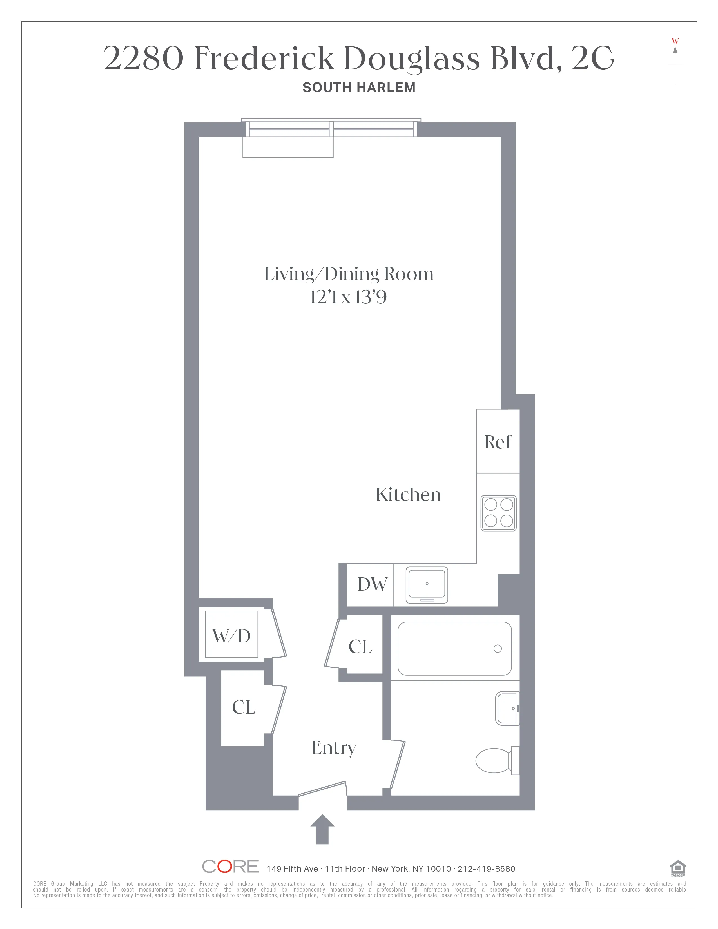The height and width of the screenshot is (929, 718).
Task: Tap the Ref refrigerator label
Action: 498,442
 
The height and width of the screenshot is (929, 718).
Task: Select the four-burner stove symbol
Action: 498,513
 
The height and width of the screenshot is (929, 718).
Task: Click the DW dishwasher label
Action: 372,584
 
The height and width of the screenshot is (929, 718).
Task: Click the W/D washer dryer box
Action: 231,634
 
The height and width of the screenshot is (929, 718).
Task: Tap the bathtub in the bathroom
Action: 454,649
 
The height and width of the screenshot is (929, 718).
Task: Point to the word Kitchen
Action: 408,494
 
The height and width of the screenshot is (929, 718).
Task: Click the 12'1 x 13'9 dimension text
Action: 348,297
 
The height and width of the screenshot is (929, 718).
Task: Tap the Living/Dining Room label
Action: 348,274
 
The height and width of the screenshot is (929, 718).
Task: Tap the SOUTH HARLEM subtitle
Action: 358,88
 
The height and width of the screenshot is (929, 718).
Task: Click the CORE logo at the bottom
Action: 230,867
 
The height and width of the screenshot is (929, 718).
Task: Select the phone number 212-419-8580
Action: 486,868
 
